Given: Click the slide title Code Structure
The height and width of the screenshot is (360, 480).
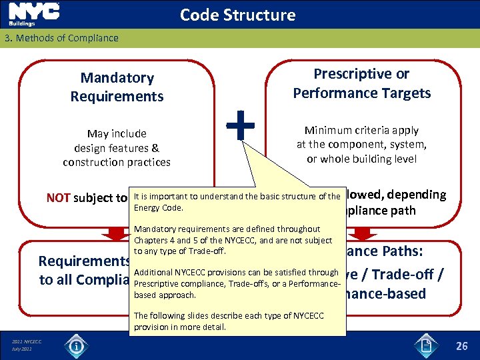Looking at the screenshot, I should tap(237, 15).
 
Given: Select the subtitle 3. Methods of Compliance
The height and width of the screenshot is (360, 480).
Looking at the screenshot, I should tap(61, 38).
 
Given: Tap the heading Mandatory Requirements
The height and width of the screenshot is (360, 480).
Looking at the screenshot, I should tap(117, 87).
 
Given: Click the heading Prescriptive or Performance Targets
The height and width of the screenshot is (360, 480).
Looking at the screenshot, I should tap(362, 83).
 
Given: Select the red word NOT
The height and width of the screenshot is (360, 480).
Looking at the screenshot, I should tap(59, 197).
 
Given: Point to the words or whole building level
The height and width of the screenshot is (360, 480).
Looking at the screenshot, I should tap(361, 158).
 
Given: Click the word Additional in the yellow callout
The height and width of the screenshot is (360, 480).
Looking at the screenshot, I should tap(154, 272).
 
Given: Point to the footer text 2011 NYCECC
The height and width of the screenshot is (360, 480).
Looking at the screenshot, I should tap(27, 342).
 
